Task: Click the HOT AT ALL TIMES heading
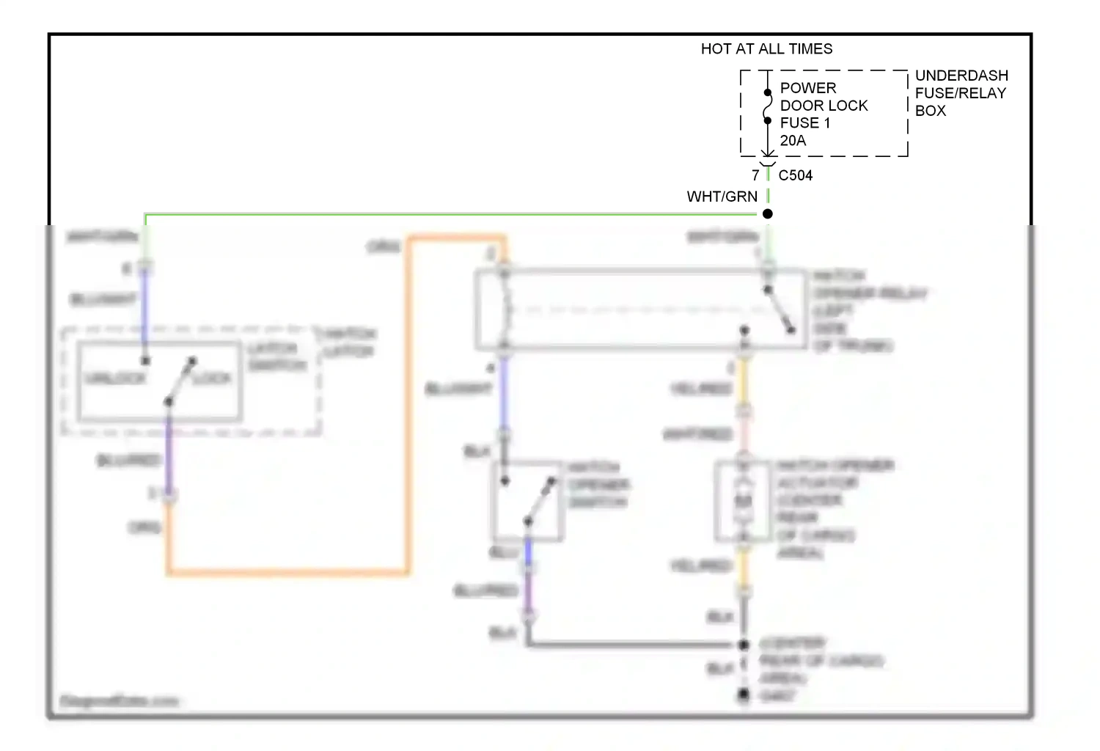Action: point(766,49)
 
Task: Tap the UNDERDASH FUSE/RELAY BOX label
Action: point(961,93)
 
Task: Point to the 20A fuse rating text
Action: point(793,141)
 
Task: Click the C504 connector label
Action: point(796,175)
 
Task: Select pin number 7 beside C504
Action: point(755,175)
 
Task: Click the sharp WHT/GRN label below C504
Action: point(722,197)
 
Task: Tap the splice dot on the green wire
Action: point(768,214)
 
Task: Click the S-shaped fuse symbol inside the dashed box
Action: point(768,107)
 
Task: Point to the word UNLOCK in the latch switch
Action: point(115,378)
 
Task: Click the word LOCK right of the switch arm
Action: point(213,378)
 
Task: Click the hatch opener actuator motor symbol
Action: point(744,501)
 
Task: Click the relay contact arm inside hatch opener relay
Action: point(780,310)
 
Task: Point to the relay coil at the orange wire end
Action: point(505,309)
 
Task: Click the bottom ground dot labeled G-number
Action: point(744,694)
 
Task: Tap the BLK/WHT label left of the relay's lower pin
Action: point(458,389)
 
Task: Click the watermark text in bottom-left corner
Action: point(119,701)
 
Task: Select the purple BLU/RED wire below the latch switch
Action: point(169,455)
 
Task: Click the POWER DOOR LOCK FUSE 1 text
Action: point(823,106)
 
